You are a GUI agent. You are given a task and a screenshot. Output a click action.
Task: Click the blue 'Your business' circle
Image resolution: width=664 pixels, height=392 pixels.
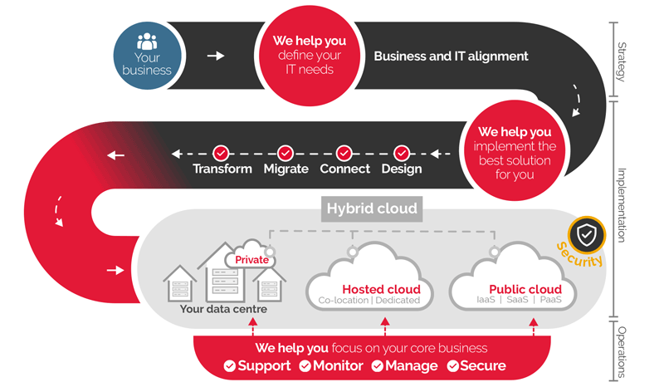pos(146,55)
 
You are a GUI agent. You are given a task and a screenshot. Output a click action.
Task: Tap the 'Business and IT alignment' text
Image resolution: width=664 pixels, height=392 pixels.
pos(451,56)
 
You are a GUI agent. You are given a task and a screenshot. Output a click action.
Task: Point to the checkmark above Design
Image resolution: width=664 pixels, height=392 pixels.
pos(402,153)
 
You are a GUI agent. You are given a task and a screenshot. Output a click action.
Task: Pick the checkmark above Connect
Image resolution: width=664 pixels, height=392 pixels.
pos(344,153)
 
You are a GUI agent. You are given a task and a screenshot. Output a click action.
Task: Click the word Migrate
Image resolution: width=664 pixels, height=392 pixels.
pos(286,169)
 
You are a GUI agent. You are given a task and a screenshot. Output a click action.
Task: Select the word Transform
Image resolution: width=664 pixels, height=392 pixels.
pos(222,169)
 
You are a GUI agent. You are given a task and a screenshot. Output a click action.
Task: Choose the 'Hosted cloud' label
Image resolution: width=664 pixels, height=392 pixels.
pos(381,289)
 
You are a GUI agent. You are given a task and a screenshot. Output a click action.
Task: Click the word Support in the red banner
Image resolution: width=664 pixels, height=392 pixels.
pos(264,365)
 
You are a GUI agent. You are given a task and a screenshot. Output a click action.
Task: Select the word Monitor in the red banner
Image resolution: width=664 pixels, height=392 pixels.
pos(336,365)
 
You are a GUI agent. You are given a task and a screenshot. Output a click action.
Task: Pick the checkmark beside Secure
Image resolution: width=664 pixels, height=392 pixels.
pos(453,365)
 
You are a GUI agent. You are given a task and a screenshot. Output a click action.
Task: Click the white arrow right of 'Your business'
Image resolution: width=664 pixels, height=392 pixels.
pos(216,56)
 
